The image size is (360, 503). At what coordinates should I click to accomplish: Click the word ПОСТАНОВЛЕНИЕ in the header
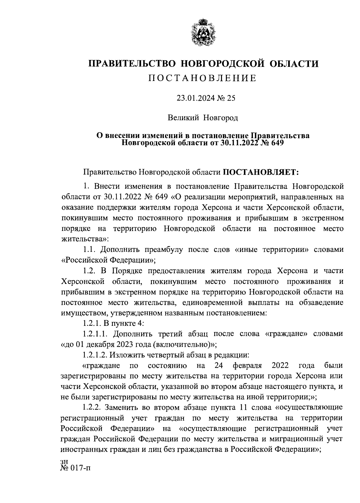[x=203, y=78]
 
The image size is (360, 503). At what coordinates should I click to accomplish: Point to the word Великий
[x=183, y=118]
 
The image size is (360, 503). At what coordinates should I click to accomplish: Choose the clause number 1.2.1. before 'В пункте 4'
[x=92, y=323]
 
